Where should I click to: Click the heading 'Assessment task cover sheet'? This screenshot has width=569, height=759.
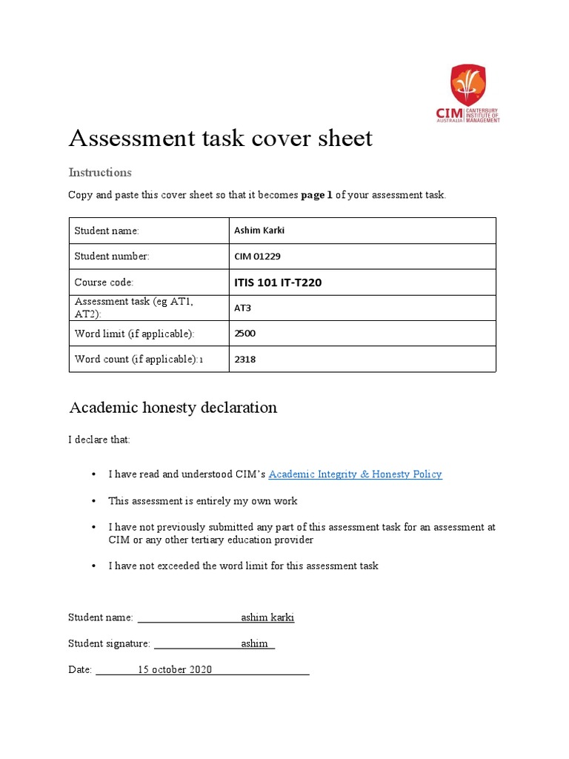point(220,138)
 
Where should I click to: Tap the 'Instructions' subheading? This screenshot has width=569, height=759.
point(100,172)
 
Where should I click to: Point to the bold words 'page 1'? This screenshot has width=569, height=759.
point(316,195)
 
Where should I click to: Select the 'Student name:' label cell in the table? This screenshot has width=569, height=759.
point(107,231)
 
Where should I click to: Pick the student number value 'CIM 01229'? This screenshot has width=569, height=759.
point(257,256)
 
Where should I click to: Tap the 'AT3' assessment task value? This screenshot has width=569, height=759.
point(243,308)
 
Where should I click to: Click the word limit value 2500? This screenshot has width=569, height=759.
point(244,334)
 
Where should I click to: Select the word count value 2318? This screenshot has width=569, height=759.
point(244,359)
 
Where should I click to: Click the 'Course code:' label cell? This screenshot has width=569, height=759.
point(104,282)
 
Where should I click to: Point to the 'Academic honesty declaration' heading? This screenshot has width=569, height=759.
point(173,408)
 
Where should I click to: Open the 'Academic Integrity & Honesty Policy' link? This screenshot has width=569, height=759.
point(355,474)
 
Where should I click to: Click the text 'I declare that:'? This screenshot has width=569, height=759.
point(99,440)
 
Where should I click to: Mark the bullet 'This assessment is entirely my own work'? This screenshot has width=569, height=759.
point(202,501)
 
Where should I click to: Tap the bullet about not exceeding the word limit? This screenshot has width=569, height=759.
point(243,566)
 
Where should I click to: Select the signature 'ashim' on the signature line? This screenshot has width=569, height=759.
point(255,643)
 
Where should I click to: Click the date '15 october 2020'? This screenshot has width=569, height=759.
point(175,669)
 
